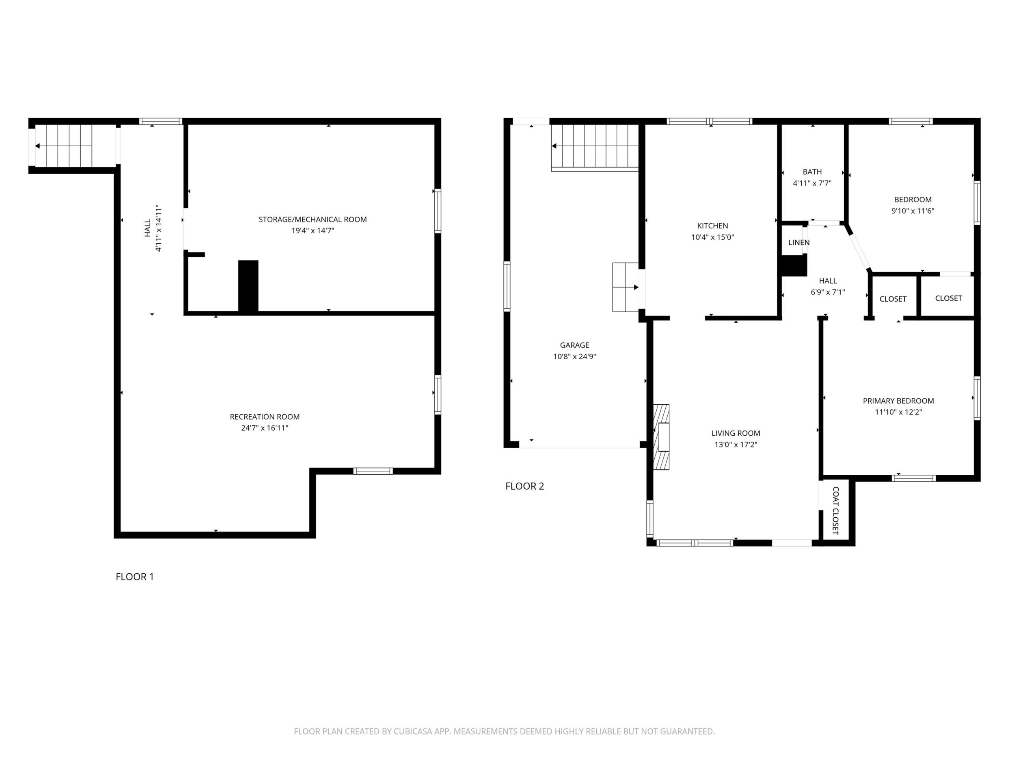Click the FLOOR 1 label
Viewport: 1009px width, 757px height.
[x=134, y=577]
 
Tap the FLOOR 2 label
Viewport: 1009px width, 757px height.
[x=525, y=487]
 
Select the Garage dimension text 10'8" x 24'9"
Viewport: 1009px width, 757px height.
[x=575, y=356]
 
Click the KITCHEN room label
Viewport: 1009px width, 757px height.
[x=713, y=226]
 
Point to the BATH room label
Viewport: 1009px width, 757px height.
[x=812, y=172]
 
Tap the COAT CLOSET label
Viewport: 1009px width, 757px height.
[x=836, y=511]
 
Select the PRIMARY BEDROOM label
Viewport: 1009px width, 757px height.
[x=898, y=401]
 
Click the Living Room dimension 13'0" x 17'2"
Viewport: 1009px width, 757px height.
[x=736, y=444]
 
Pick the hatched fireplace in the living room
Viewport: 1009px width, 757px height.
[x=661, y=437]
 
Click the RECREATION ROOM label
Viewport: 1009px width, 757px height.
[x=264, y=417]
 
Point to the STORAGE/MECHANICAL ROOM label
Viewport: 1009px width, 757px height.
[x=313, y=220]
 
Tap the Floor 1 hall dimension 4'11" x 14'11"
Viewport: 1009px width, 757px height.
[x=158, y=228]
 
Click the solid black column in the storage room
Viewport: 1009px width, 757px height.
[x=248, y=286]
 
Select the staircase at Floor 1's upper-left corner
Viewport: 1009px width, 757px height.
[x=63, y=146]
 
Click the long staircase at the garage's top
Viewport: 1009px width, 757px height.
[x=595, y=147]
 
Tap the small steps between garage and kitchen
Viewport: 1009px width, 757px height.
[x=626, y=287]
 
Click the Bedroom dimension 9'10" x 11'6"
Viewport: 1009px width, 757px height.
[x=913, y=211]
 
